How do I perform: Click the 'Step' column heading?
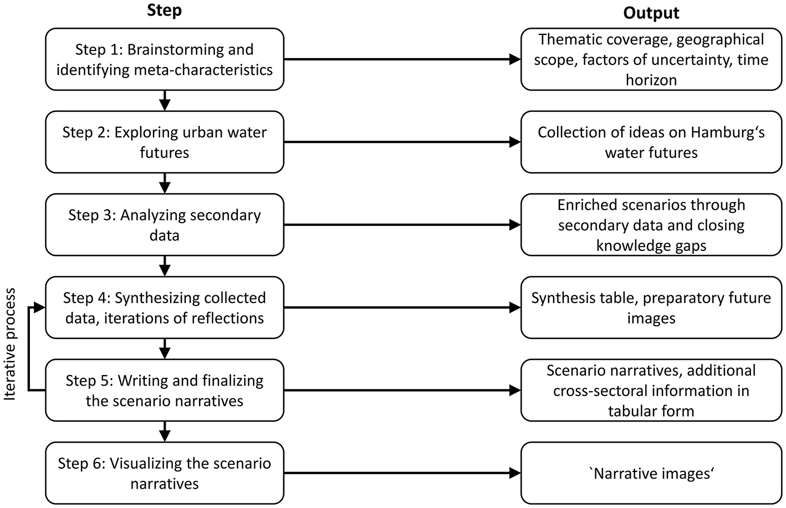coord(164,11)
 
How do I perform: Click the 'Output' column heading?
coord(651,13)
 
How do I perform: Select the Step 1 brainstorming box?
coord(165,59)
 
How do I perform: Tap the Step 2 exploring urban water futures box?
coord(165,142)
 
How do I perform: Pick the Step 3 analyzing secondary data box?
coord(165,225)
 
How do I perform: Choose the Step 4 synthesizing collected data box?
coord(165,307)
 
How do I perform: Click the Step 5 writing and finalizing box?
coord(165,391)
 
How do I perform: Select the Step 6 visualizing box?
coord(165,473)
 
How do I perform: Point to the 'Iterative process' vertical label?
coord(11,344)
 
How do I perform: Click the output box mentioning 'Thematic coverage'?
coord(651,59)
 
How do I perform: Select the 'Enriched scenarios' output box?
coord(651,225)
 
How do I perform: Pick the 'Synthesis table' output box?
coord(651,307)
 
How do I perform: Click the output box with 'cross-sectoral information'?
coord(651,391)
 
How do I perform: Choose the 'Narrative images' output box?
coord(651,473)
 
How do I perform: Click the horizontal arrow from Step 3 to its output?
coord(402,225)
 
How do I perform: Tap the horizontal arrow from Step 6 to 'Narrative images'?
coord(402,473)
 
